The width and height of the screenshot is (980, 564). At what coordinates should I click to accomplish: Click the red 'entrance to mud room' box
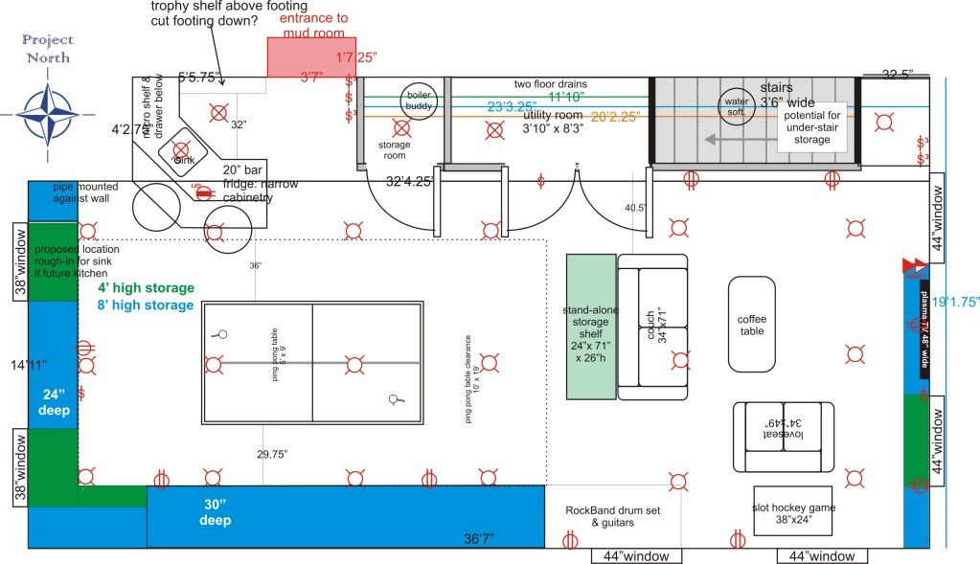pyautogui.click(x=309, y=58)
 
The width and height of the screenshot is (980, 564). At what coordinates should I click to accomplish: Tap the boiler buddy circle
pyautogui.click(x=419, y=100)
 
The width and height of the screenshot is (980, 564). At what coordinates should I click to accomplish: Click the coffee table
pyautogui.click(x=751, y=325)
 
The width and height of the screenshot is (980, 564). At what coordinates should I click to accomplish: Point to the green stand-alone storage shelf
pyautogui.click(x=590, y=326)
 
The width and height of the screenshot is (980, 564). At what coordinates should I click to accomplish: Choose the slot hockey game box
pyautogui.click(x=792, y=513)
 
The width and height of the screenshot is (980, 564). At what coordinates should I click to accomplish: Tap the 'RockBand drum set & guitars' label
pyautogui.click(x=612, y=516)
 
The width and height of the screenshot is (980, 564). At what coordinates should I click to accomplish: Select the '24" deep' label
pyautogui.click(x=51, y=401)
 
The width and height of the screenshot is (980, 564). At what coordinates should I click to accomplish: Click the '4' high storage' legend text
pyautogui.click(x=146, y=288)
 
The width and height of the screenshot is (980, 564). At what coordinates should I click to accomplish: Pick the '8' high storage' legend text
pyautogui.click(x=146, y=305)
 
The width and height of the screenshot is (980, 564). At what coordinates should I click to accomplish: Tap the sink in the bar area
pyautogui.click(x=180, y=151)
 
